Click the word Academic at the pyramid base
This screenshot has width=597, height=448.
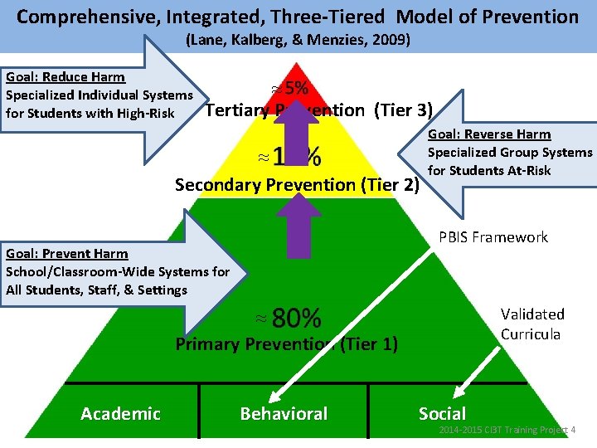(x=120, y=413)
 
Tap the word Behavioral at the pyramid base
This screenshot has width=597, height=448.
(x=284, y=413)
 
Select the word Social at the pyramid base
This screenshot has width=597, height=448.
(x=442, y=413)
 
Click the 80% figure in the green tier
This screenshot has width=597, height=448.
(x=296, y=318)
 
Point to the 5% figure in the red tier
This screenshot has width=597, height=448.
(x=296, y=88)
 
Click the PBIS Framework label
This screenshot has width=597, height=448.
(x=493, y=237)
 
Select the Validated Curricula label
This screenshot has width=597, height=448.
(x=531, y=324)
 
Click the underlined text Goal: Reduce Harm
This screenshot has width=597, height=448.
(x=66, y=77)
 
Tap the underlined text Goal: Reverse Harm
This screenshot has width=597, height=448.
(x=489, y=134)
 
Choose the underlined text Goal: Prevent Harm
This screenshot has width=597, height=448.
(x=67, y=254)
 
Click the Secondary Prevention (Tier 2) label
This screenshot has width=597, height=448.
(x=296, y=185)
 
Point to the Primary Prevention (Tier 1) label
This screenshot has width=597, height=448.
(x=286, y=343)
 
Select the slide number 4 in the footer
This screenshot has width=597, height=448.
(x=574, y=430)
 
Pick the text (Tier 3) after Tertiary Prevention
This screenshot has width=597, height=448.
(x=402, y=110)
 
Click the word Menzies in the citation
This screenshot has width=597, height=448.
(x=342, y=40)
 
